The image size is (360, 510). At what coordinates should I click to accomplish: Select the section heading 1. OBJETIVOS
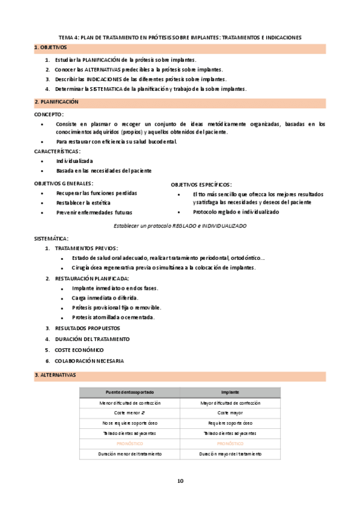(x=51, y=47)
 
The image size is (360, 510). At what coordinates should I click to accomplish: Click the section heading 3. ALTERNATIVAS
(x=55, y=375)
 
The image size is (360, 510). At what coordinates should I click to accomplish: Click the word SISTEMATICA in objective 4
(x=107, y=88)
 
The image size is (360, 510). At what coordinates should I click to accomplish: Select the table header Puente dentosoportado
(x=129, y=392)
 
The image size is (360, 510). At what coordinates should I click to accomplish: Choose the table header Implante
(x=230, y=392)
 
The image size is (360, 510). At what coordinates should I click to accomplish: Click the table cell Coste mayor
(x=230, y=413)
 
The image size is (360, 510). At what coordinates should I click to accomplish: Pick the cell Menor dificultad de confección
(x=129, y=402)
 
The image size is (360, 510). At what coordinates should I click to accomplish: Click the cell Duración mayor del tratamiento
(x=230, y=453)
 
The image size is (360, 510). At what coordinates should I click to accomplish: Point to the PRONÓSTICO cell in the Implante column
(x=230, y=443)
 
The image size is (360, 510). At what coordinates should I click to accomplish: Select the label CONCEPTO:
(x=49, y=114)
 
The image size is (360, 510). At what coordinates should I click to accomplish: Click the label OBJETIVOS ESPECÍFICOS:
(x=201, y=185)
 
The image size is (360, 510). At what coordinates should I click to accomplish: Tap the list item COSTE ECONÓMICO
(x=79, y=349)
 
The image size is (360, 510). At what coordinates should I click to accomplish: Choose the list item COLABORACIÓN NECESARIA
(x=89, y=360)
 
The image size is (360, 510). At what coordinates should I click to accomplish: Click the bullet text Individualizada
(x=75, y=161)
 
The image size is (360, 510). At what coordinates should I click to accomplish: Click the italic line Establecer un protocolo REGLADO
(x=180, y=225)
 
